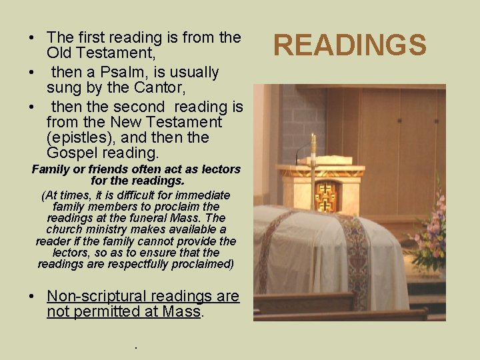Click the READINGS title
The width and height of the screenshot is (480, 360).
pyautogui.click(x=349, y=45)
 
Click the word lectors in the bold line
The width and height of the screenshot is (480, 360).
pyautogui.click(x=204, y=169)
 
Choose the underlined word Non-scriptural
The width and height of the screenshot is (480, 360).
pyautogui.click(x=99, y=296)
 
